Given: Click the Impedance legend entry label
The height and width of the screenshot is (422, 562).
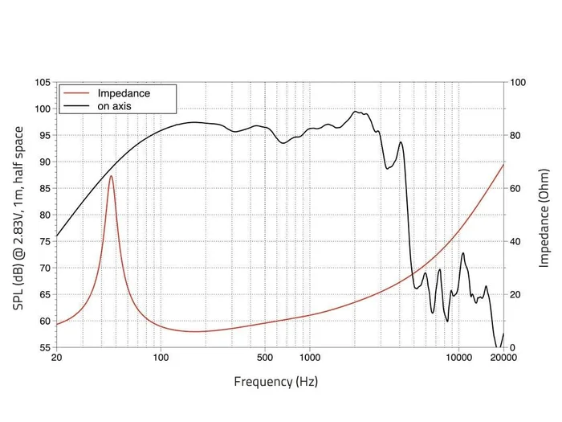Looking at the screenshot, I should coord(124,93).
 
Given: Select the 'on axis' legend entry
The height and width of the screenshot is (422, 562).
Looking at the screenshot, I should coord(114,105).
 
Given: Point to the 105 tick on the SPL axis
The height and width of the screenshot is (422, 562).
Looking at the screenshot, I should coord(42,83).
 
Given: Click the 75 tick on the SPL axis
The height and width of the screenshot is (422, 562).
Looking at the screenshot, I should coord(44,241).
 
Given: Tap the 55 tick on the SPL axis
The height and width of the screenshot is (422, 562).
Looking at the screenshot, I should coord(44,347).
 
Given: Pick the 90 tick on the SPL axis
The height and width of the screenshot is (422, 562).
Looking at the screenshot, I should coord(44,162).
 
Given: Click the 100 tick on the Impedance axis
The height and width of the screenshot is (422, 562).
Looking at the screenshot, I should coord(518,83).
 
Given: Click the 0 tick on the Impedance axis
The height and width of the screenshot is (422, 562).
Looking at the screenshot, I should coord(513,347).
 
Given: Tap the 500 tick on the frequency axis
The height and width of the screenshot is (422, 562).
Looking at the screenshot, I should coord(261,358).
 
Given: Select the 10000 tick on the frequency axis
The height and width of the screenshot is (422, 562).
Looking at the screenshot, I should coord(458,358).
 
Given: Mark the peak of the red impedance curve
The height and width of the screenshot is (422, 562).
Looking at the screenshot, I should coord(111,175).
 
